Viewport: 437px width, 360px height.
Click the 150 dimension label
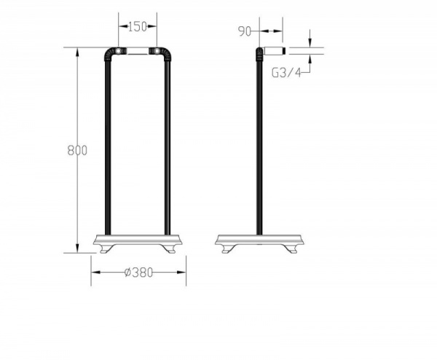click(x=137, y=27)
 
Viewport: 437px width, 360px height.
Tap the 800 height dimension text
click(x=77, y=151)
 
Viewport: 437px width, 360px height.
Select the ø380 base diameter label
click(x=138, y=273)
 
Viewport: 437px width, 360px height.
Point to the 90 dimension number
click(x=245, y=31)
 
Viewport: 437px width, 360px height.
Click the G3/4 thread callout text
click(x=286, y=73)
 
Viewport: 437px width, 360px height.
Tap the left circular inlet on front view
click(x=119, y=51)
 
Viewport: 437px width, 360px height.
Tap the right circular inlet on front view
click(x=157, y=51)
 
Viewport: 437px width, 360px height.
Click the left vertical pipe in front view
click(x=108, y=148)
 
